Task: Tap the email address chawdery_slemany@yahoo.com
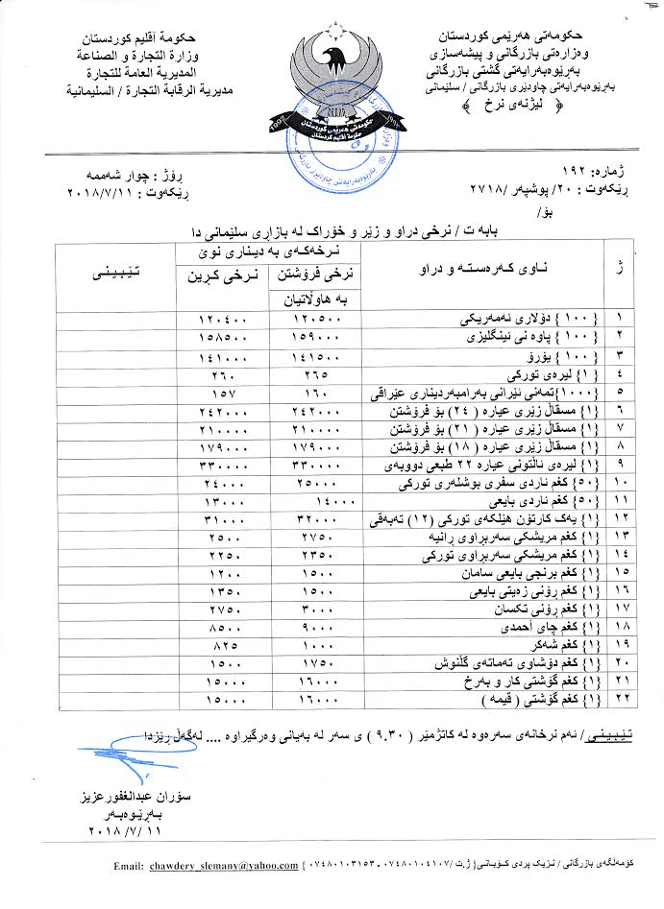pos(223,866)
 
